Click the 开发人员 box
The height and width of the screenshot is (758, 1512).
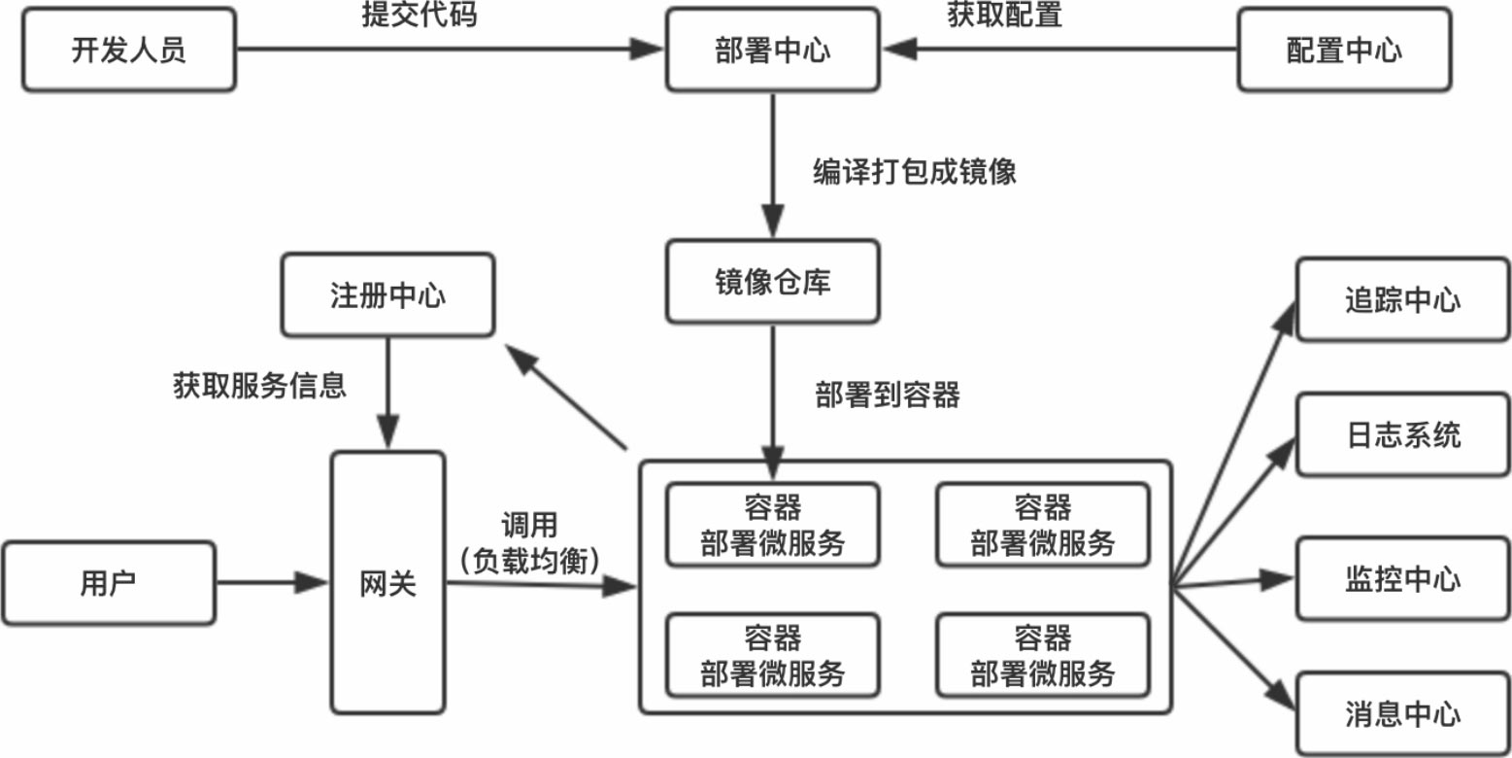click(x=128, y=51)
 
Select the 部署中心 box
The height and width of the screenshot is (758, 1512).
click(x=772, y=51)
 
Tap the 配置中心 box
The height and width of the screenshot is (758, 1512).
click(x=1344, y=51)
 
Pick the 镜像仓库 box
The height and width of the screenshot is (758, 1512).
click(x=772, y=282)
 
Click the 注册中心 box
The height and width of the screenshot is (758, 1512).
click(x=387, y=294)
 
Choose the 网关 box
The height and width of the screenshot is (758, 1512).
click(x=387, y=582)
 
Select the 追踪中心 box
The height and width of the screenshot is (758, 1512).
click(x=1402, y=299)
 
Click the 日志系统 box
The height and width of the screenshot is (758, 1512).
click(x=1402, y=434)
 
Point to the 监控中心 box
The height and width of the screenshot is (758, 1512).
click(x=1402, y=580)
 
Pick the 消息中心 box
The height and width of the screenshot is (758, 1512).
click(x=1402, y=714)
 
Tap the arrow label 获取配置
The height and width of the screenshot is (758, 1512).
click(x=1004, y=15)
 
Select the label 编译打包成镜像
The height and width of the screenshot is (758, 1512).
click(x=914, y=172)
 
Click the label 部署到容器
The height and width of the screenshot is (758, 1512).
click(x=888, y=396)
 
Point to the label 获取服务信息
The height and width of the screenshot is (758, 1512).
click(x=259, y=387)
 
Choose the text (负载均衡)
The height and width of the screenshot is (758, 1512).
click(x=529, y=559)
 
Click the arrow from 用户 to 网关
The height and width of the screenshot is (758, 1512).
click(x=272, y=582)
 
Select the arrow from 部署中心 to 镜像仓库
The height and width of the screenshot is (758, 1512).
click(x=772, y=165)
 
